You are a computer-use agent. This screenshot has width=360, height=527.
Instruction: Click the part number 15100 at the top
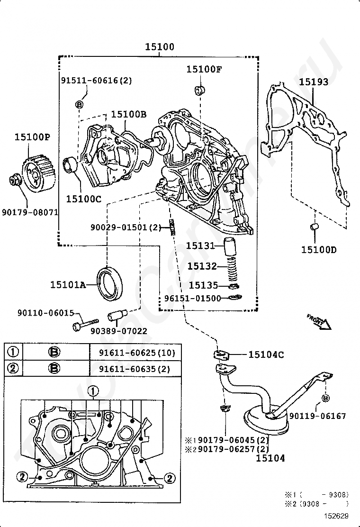pyautogui.click(x=159, y=47)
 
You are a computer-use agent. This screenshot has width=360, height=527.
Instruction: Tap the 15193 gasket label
pyautogui.click(x=313, y=82)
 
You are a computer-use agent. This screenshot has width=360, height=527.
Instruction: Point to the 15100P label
pyautogui.click(x=32, y=137)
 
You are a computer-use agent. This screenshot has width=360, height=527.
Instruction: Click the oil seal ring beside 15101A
pyautogui.click(x=110, y=284)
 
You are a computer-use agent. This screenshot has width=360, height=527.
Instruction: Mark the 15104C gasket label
pyautogui.click(x=266, y=354)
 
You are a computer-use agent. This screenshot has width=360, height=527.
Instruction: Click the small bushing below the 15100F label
pyautogui.click(x=199, y=90)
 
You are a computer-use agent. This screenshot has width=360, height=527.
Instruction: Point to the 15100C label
pyautogui.click(x=83, y=199)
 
